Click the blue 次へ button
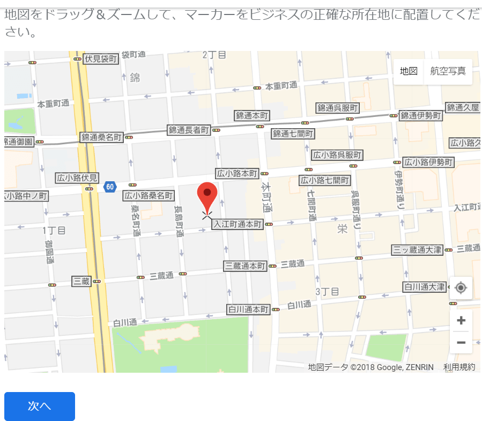(40, 407)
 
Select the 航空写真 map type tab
(448, 71)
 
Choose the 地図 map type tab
(409, 71)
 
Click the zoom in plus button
(461, 321)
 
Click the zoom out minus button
(461, 342)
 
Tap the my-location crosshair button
(461, 288)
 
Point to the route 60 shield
(110, 187)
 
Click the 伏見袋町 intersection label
(100, 58)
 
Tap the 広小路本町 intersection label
(237, 173)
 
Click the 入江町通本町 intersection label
(238, 224)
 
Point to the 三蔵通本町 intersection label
(245, 265)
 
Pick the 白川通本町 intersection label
(248, 309)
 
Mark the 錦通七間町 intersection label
(293, 133)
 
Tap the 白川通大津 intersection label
(424, 287)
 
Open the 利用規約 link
(459, 367)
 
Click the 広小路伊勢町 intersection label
(428, 161)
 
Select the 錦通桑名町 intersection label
(102, 137)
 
